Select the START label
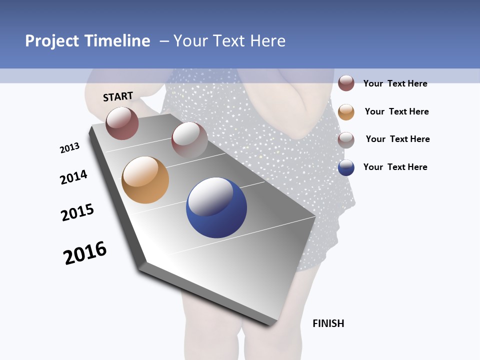pyautogui.click(x=118, y=96)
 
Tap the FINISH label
pyautogui.click(x=328, y=323)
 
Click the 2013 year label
pyautogui.click(x=69, y=148)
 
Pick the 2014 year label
pyautogui.click(x=73, y=177)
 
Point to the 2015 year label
pyautogui.click(x=77, y=212)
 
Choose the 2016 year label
pyautogui.click(x=85, y=253)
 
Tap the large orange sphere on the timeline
pyautogui.click(x=145, y=180)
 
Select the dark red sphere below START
pyautogui.click(x=122, y=123)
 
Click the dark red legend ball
pyautogui.click(x=346, y=83)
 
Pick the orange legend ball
pyautogui.click(x=346, y=112)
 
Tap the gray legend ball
pyautogui.click(x=346, y=140)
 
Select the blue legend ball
pyautogui.click(x=346, y=167)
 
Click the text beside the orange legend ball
pyautogui.click(x=396, y=111)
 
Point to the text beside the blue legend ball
pyautogui.click(x=395, y=167)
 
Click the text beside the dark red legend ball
pyautogui.click(x=395, y=83)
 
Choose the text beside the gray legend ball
pyautogui.click(x=397, y=139)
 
